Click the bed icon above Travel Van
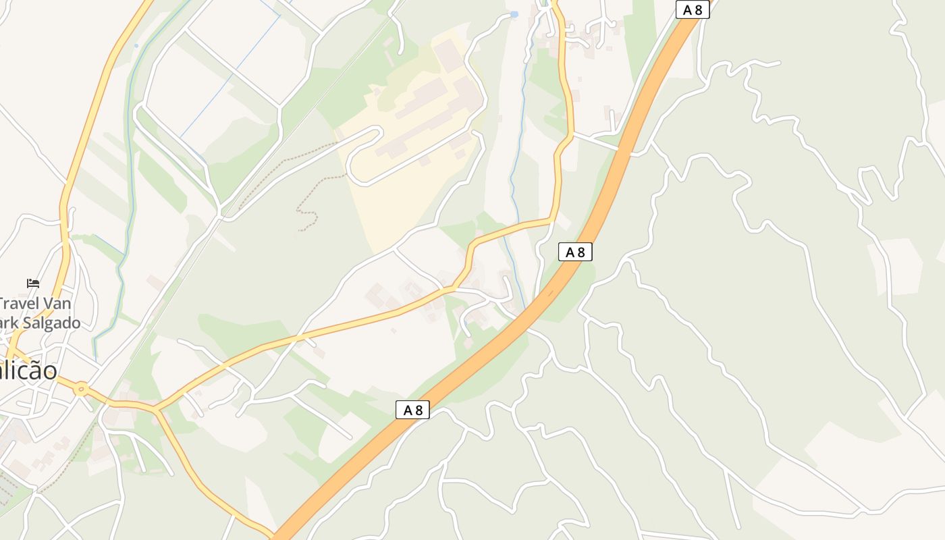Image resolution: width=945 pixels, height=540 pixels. pos(32,283)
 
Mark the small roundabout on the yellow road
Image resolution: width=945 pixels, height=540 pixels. pos(82,388)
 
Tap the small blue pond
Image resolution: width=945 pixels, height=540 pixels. pos(514,13)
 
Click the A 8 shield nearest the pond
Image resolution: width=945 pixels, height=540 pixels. pos(693,9)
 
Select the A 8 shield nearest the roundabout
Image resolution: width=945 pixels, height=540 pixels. pos(412,410)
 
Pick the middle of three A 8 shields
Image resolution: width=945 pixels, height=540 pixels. pos(575,252)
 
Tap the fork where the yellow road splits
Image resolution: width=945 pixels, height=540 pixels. pos(156,409)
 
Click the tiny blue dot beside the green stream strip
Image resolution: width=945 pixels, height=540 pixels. pos(136,46)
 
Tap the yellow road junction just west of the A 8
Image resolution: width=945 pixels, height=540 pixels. pos(552,220)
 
